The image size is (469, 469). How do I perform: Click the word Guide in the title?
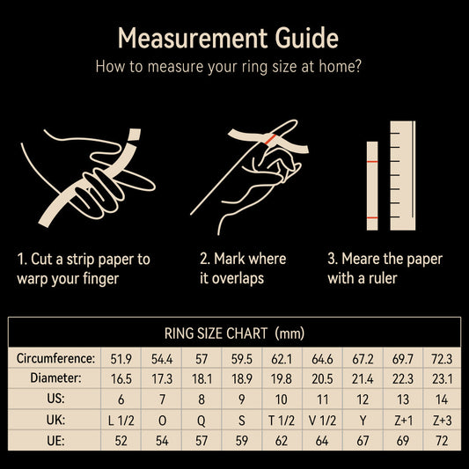point(307,38)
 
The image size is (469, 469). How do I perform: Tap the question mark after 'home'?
point(357,66)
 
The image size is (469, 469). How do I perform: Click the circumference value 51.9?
point(121,359)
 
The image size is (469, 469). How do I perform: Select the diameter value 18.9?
point(242,379)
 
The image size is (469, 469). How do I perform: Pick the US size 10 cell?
point(282,399)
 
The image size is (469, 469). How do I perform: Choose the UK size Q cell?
point(202,421)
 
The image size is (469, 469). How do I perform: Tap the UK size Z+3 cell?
point(442,421)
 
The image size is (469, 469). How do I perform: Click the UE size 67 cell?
point(363,441)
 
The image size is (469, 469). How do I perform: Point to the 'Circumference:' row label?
point(55,358)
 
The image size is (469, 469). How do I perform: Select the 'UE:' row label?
point(55,441)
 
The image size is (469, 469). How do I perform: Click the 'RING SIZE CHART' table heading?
point(216,333)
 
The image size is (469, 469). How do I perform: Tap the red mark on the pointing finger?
point(270,139)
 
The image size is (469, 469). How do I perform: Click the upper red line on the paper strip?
point(372,162)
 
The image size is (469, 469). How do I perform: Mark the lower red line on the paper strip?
point(372,217)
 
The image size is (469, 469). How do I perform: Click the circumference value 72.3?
point(442,359)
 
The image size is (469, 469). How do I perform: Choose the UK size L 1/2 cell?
point(121,421)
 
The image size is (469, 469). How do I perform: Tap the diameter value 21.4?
point(363,379)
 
